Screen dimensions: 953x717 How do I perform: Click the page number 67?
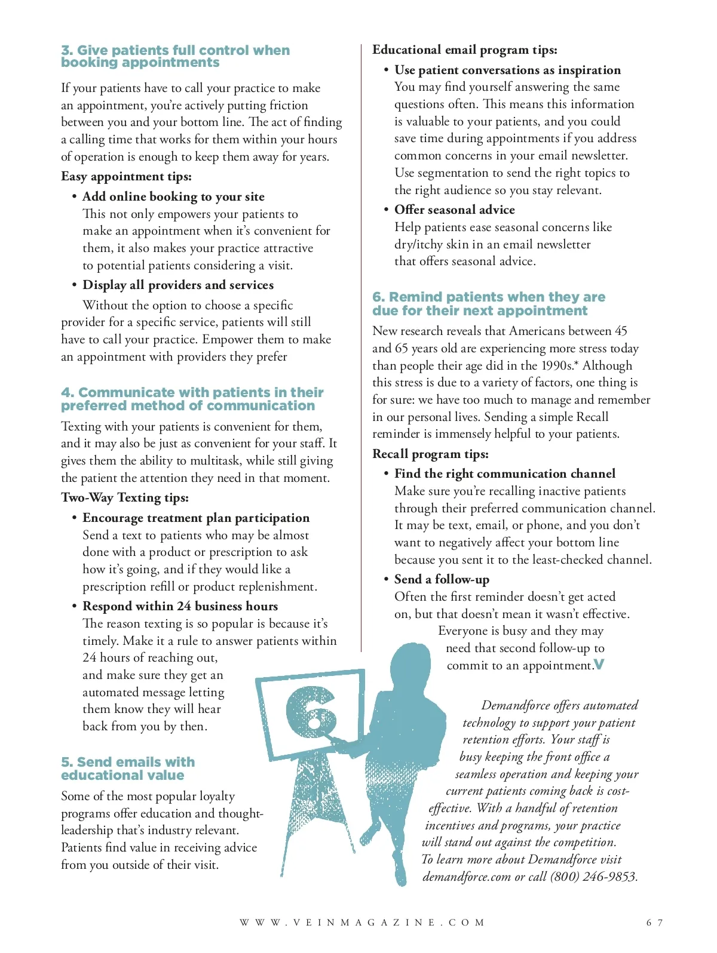(x=654, y=923)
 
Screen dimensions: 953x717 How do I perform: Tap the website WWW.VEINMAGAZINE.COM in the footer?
(x=363, y=923)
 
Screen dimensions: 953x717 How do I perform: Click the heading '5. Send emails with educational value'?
(x=128, y=768)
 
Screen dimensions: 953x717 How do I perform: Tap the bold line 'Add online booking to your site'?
(x=173, y=196)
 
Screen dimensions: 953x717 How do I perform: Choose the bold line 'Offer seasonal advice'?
(x=455, y=210)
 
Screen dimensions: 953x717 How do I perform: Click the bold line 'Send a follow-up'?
(x=442, y=579)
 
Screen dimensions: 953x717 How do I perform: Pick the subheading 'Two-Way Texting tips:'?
(x=125, y=497)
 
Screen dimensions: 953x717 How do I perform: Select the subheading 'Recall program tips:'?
(x=430, y=454)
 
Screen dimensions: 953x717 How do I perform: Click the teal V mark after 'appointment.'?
(x=599, y=665)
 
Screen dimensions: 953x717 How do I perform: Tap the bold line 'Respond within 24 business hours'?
(x=180, y=606)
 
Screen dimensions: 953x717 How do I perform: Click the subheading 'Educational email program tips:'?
(x=464, y=50)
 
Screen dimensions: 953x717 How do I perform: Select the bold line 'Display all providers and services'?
(x=178, y=285)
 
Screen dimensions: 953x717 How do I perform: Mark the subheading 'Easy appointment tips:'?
(x=126, y=176)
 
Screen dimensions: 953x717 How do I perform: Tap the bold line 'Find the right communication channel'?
(x=505, y=474)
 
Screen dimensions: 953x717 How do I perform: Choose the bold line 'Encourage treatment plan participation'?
(x=196, y=518)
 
